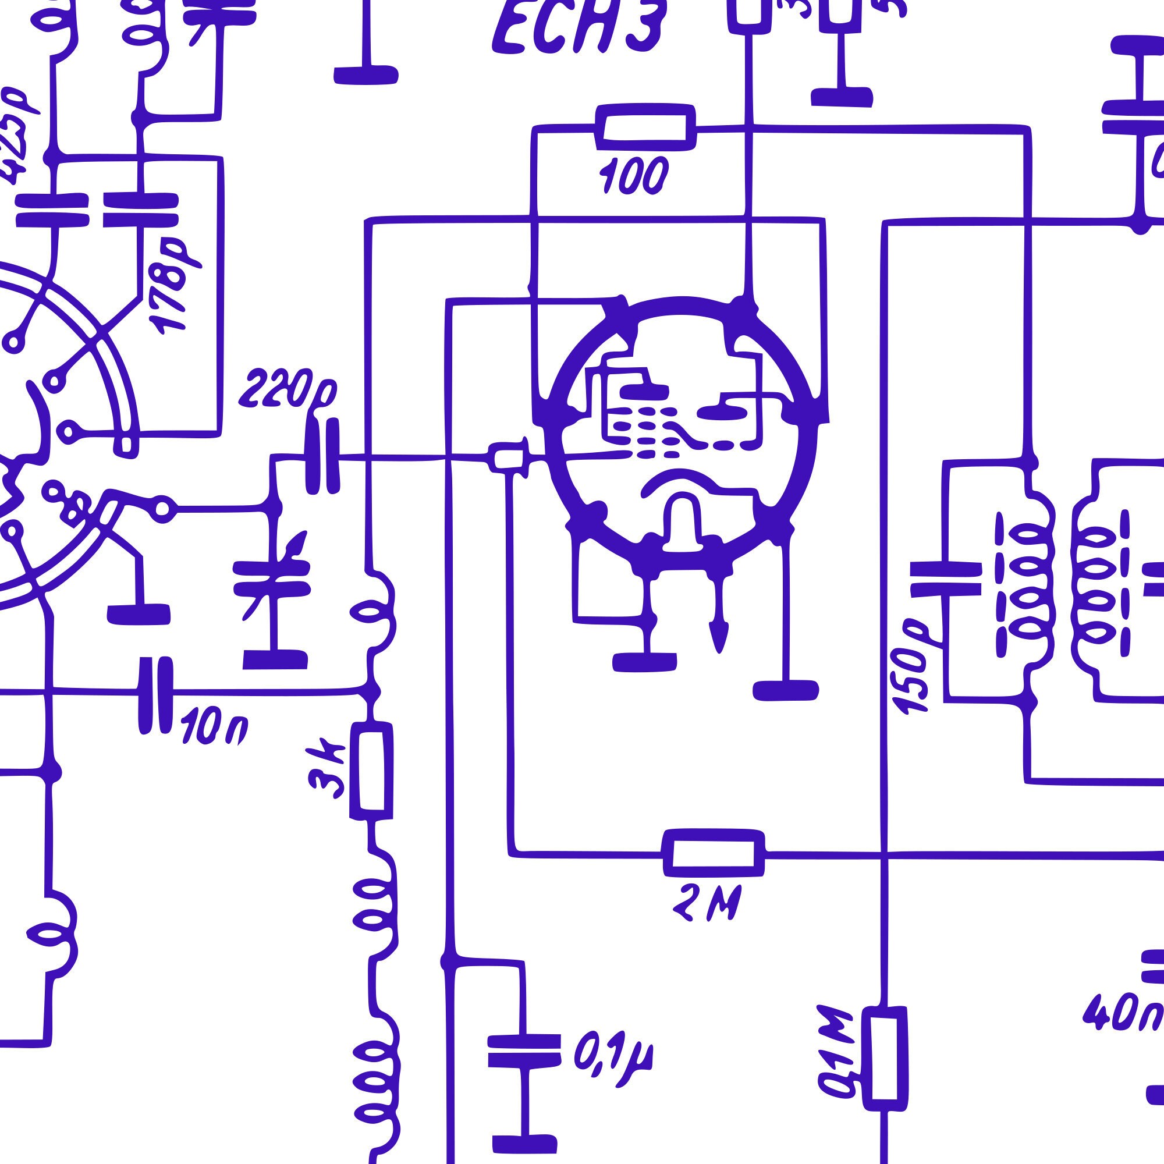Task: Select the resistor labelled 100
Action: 645,127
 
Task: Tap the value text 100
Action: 633,176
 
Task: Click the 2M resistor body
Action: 714,853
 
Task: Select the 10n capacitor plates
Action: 155,695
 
